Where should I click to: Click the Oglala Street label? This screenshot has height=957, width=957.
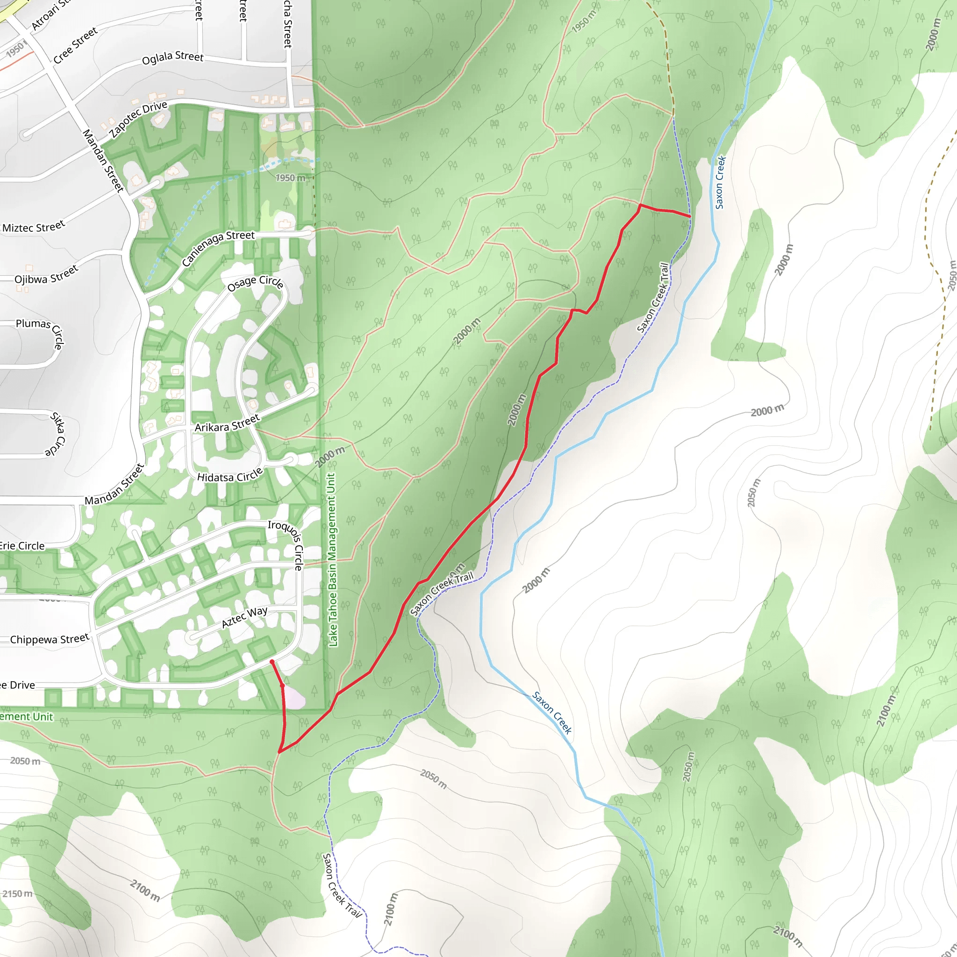tap(172, 58)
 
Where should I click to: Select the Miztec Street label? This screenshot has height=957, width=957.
tap(33, 227)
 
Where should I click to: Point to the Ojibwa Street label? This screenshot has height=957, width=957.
tap(46, 274)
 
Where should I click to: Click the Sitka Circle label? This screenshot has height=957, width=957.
tap(57, 434)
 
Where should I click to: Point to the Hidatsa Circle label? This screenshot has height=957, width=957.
tap(230, 476)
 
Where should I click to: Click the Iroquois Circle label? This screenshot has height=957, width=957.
tap(286, 544)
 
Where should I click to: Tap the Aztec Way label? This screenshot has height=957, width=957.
tap(244, 617)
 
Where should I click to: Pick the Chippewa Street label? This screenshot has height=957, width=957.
tap(50, 639)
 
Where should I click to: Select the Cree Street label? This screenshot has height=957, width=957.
tap(75, 46)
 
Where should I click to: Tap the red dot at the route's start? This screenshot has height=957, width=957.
tap(272, 662)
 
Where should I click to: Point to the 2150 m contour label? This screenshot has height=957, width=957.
tap(17, 893)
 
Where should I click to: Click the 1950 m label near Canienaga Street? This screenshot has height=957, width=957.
tap(290, 178)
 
